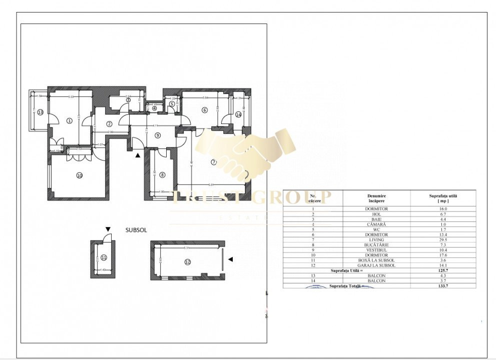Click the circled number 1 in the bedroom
click(70, 120)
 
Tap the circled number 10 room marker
click(79, 175)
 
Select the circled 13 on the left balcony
click(41, 112)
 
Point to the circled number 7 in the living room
click(213, 161)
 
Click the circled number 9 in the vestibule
click(158, 135)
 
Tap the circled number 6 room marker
click(204, 110)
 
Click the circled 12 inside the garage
click(187, 261)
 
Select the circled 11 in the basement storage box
click(104, 257)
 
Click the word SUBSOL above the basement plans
click(136, 230)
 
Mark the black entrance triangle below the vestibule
click(138, 155)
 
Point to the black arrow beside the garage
click(231, 259)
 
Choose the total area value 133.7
click(442, 286)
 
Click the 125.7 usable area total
click(442, 270)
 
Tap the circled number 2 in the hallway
click(109, 124)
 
